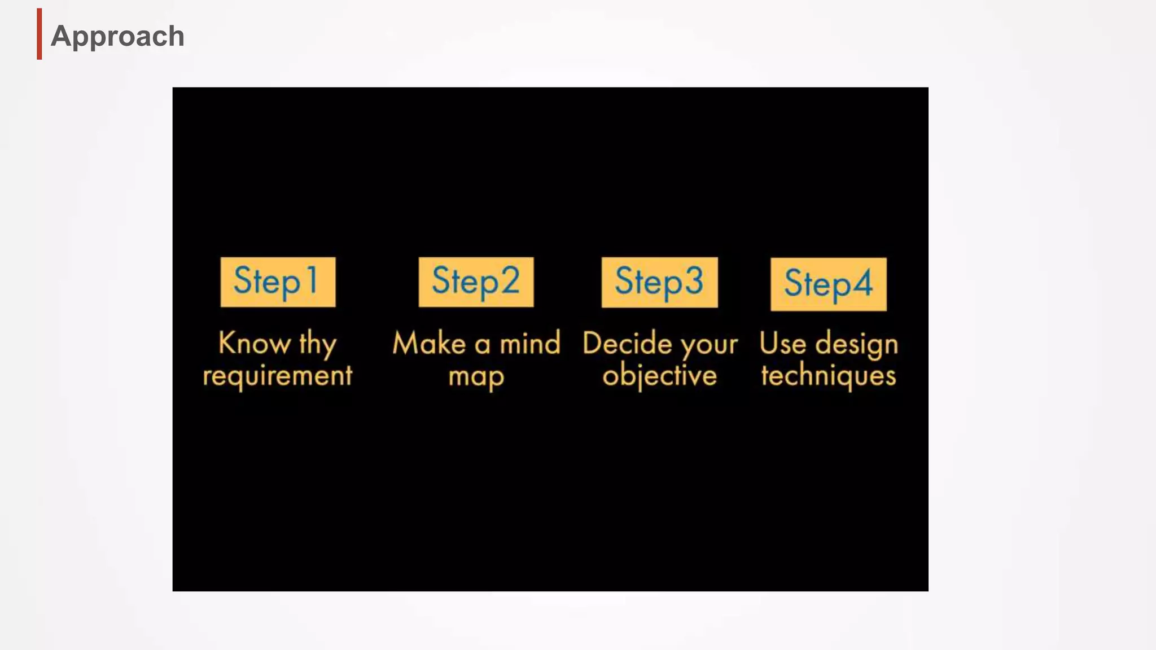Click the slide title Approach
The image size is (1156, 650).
(117, 36)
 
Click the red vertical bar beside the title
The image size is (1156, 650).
(40, 34)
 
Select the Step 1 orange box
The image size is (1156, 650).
(278, 282)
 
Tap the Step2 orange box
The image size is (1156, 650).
(476, 282)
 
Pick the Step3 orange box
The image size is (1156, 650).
(659, 282)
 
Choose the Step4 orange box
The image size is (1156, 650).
(828, 284)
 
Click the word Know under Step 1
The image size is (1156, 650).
(254, 343)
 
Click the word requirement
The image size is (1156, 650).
(277, 376)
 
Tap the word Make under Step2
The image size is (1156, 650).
(429, 343)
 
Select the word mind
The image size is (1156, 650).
(530, 343)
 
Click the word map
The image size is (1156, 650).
(476, 377)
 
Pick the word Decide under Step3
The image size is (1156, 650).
(627, 343)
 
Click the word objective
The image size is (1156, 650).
(659, 376)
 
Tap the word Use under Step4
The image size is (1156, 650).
(782, 343)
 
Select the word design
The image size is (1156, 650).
(856, 344)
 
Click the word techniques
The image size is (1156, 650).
(828, 376)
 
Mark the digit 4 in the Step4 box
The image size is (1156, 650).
(862, 283)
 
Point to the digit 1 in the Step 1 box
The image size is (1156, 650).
(312, 280)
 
